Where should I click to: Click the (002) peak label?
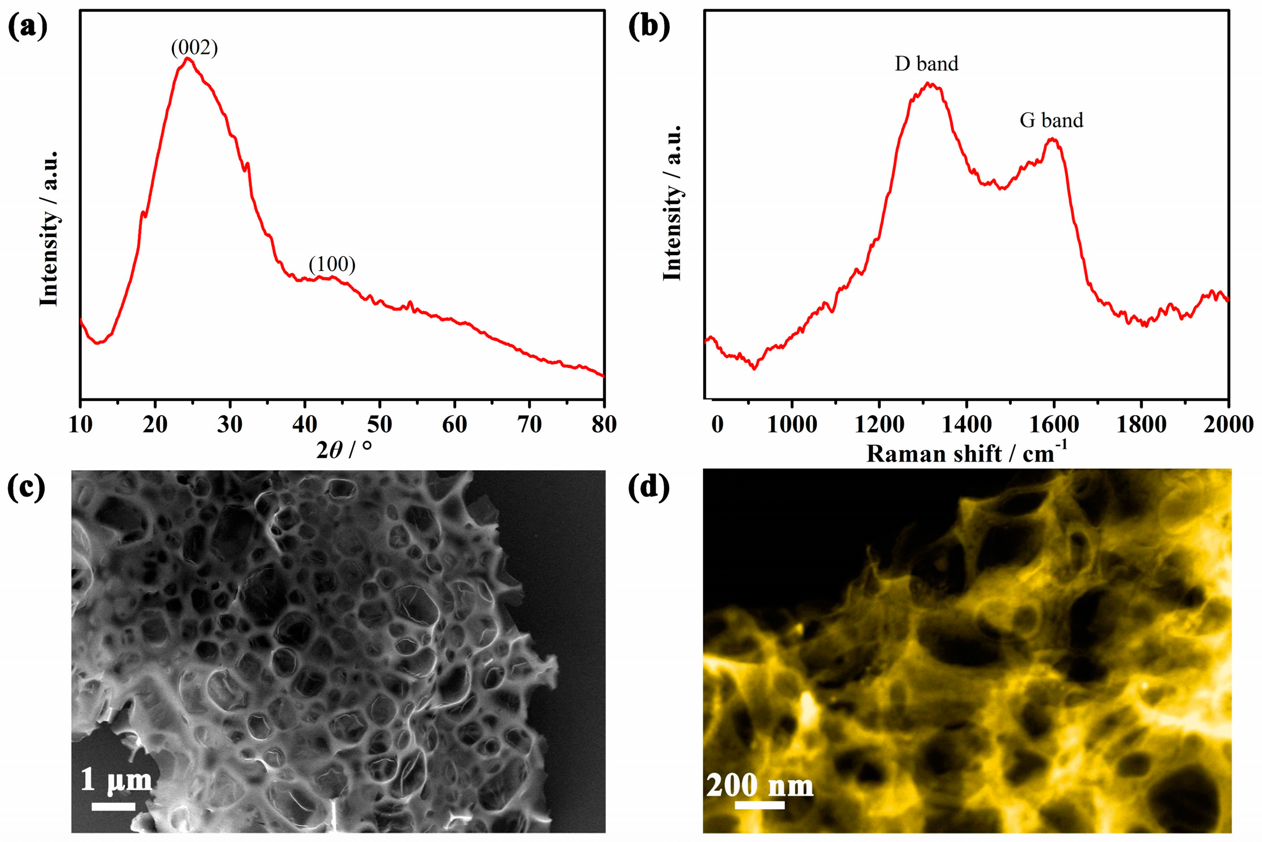pos(195,48)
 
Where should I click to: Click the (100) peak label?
pos(332,264)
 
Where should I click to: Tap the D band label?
pos(926,64)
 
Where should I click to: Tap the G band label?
pos(1051,120)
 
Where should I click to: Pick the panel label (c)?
pos(26,489)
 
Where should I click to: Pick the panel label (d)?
pos(649,489)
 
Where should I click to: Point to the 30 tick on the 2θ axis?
pos(230,425)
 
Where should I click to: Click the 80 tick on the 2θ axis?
pos(604,425)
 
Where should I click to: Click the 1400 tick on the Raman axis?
pos(966,425)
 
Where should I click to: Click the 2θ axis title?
pos(343,450)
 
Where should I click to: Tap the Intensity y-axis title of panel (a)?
pos(49,228)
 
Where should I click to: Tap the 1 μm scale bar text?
pos(116,779)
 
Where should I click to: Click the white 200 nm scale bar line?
pos(759,805)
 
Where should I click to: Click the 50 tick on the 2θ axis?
pos(380,425)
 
